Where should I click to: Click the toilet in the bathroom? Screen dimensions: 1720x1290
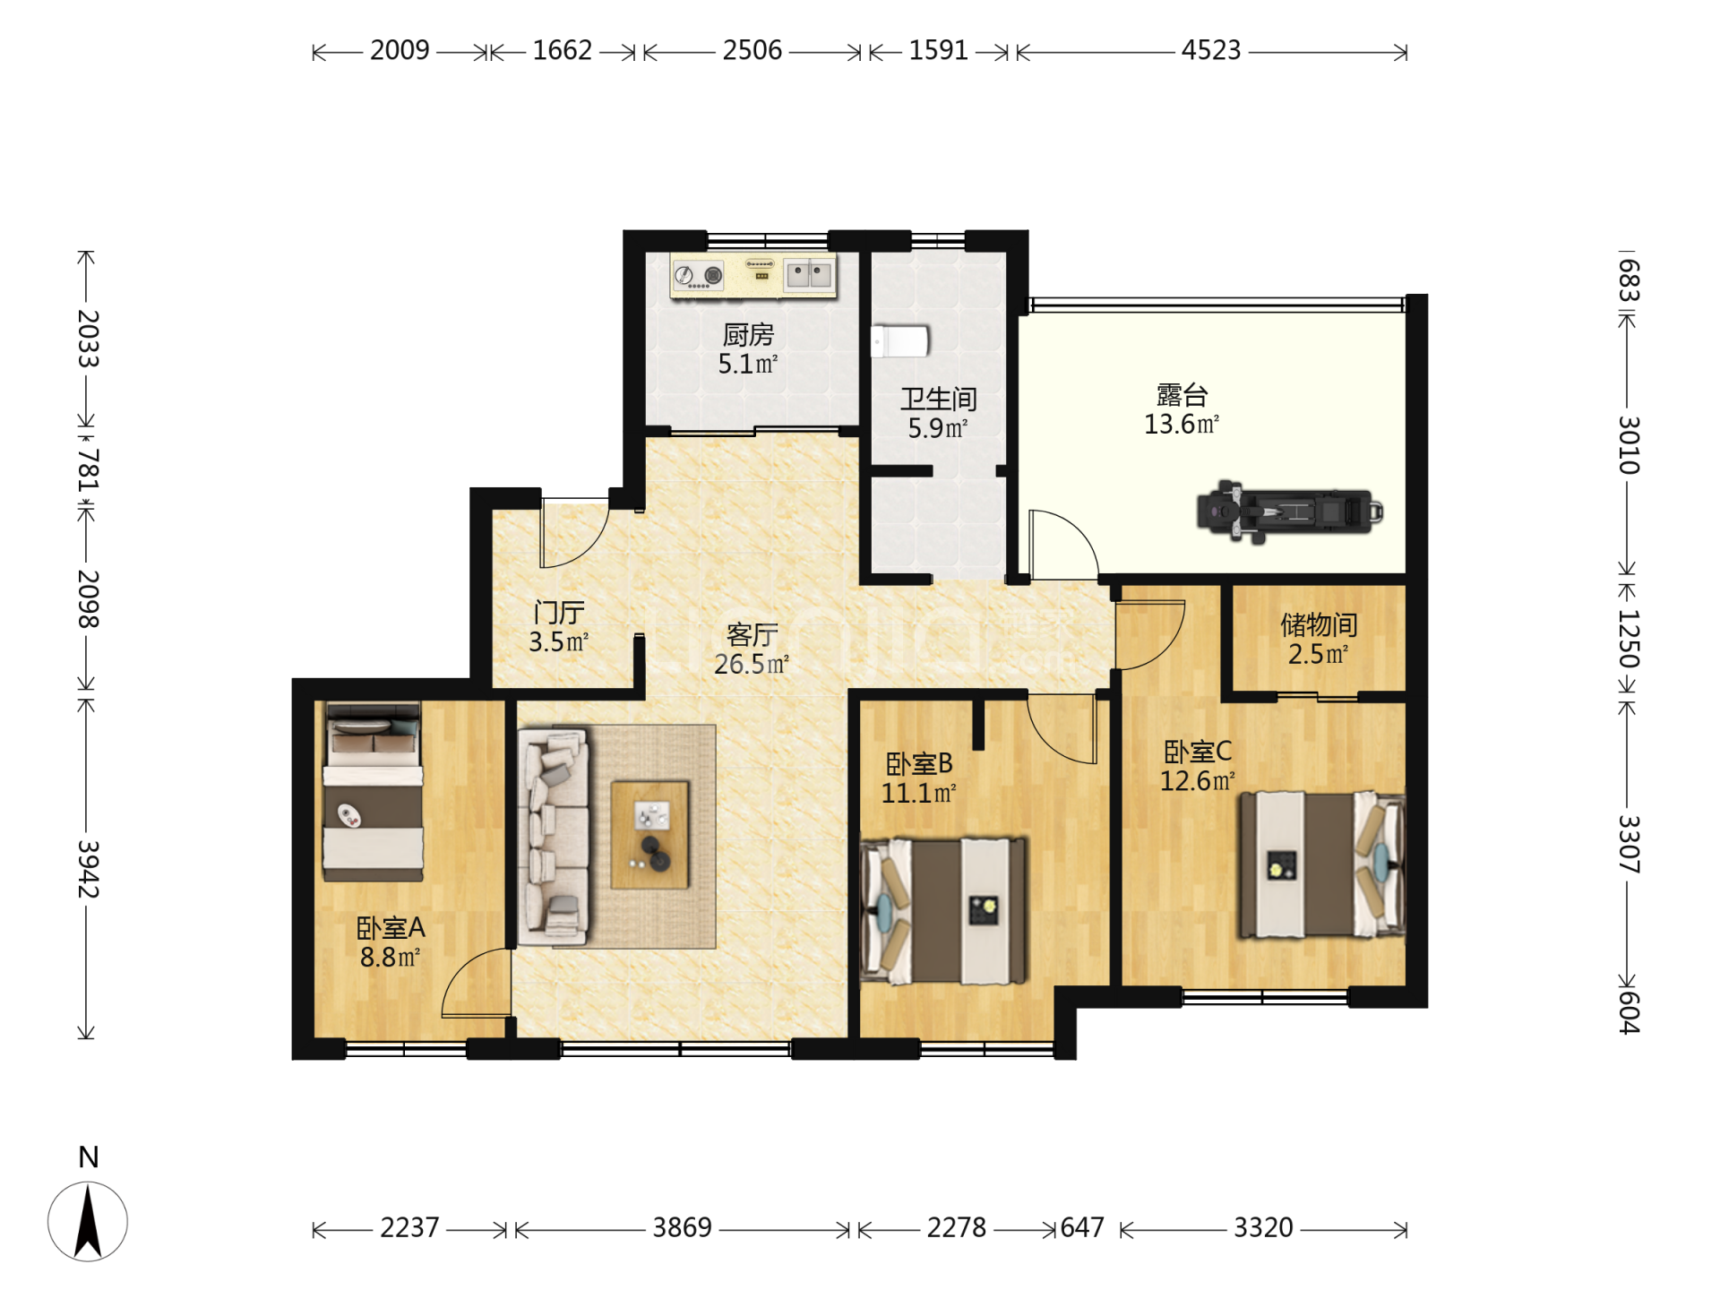(900, 341)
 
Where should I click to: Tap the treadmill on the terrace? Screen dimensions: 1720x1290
(1289, 512)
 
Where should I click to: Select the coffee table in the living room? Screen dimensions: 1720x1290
(650, 834)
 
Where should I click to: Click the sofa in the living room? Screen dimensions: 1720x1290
(554, 837)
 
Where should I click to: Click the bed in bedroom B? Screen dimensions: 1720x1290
(944, 910)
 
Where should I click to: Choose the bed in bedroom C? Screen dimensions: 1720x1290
(1322, 864)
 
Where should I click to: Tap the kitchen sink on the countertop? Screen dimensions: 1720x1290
(809, 274)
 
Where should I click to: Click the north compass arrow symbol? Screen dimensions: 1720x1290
(88, 1220)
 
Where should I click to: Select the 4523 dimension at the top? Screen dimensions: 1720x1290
(1211, 50)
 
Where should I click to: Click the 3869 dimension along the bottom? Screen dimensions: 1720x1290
(683, 1227)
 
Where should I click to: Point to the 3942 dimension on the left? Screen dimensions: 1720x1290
(88, 869)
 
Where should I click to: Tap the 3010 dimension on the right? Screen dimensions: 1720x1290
(1629, 445)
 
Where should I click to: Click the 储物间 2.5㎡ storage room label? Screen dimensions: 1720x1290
(1319, 639)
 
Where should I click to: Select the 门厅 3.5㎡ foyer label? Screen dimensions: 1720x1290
(558, 627)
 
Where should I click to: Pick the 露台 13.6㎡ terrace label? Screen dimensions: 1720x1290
(1182, 409)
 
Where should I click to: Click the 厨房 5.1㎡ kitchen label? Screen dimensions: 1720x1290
(748, 349)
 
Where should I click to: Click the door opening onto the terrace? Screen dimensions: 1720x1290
(1063, 545)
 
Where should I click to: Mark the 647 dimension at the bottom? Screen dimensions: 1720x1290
(1082, 1227)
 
